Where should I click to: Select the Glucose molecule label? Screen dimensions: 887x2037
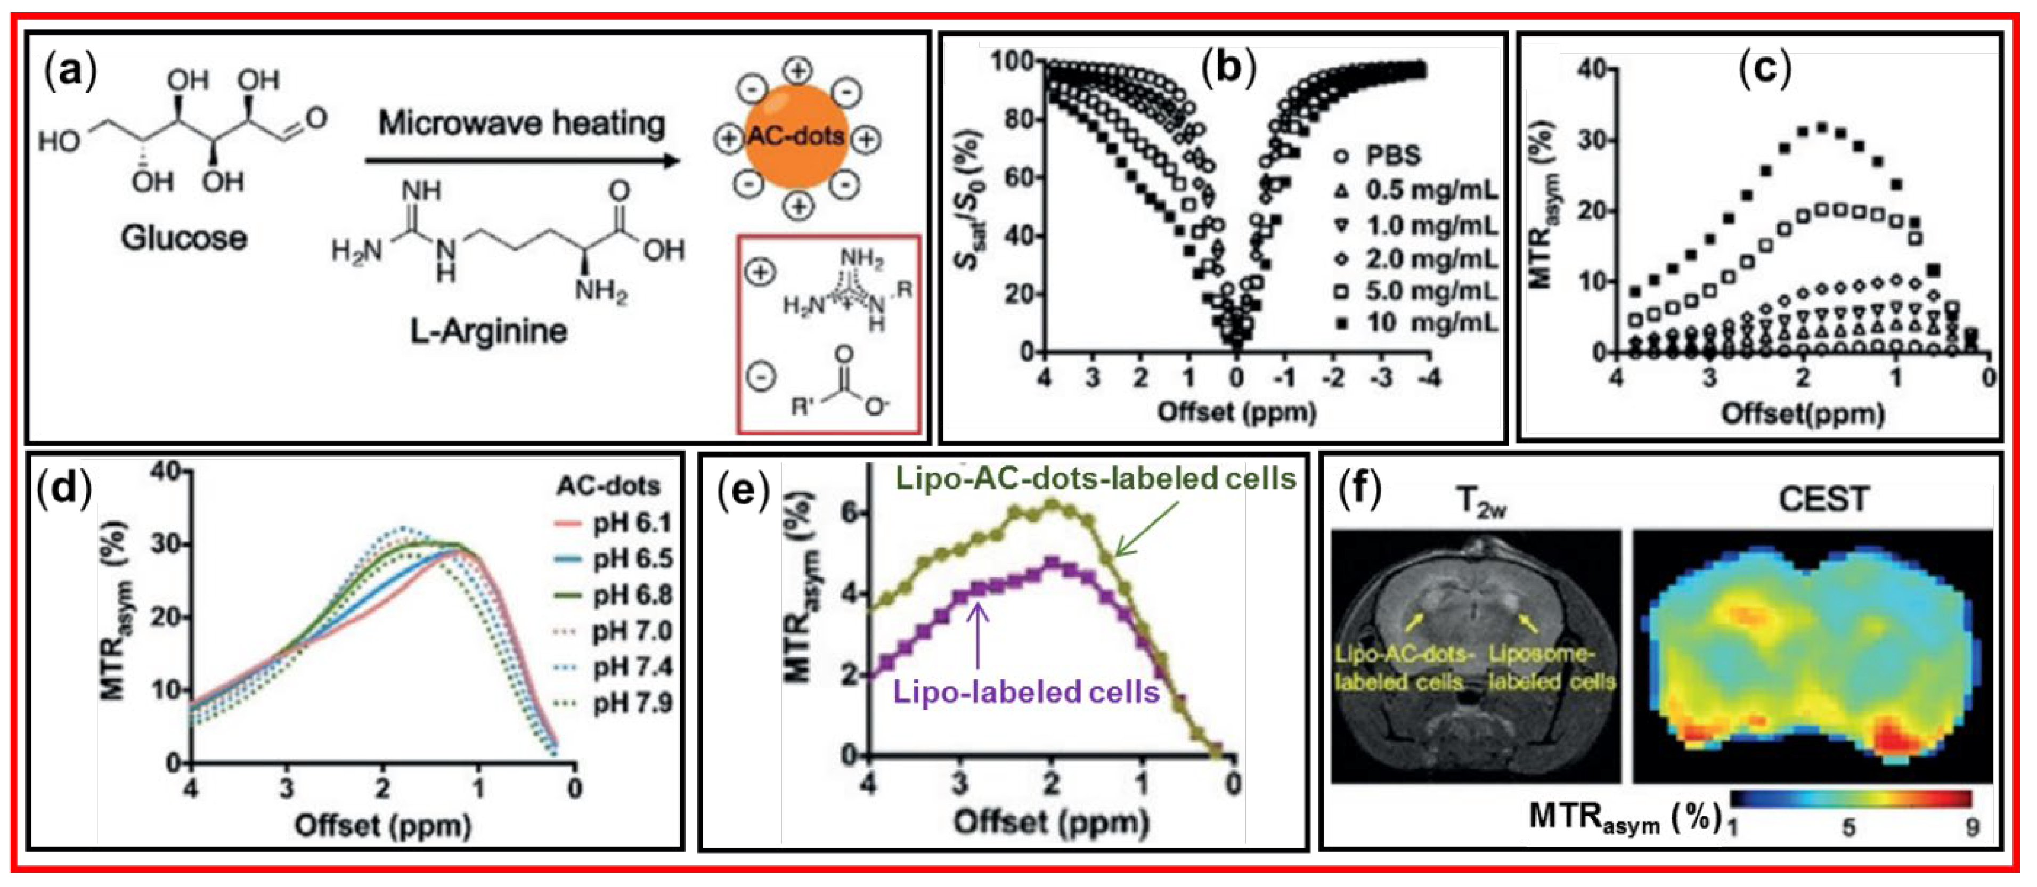183,237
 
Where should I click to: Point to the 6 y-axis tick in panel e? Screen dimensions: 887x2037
849,512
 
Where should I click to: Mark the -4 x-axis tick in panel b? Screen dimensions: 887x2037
1428,378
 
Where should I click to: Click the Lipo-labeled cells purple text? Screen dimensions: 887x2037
1025,693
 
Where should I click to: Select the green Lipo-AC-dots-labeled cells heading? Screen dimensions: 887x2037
1095,478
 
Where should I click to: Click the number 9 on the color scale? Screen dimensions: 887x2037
1972,828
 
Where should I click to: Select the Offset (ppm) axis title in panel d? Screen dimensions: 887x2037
382,826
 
